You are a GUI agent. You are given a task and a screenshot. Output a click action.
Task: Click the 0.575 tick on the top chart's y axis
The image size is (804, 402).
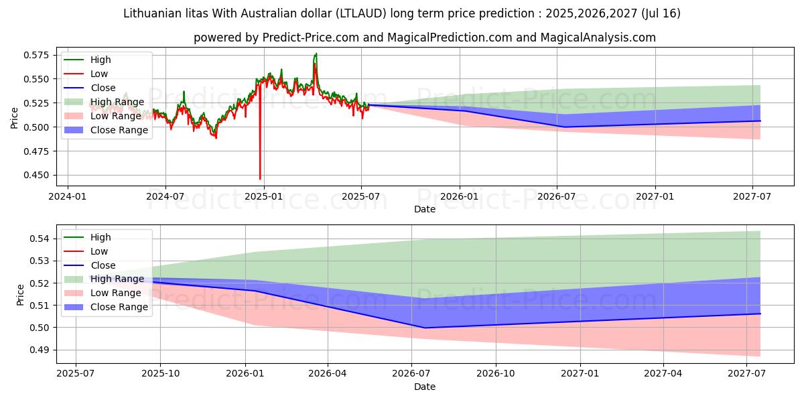click(38, 55)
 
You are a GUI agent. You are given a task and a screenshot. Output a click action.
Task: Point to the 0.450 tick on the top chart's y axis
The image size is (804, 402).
click(38, 175)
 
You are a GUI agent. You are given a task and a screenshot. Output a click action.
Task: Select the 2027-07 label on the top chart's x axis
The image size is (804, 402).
click(753, 196)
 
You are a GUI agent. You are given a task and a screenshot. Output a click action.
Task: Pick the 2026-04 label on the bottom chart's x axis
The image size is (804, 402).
click(328, 374)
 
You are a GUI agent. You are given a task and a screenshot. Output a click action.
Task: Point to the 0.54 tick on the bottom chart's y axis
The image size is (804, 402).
click(41, 239)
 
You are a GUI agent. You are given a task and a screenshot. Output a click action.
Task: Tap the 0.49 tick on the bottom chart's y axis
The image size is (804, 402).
click(41, 350)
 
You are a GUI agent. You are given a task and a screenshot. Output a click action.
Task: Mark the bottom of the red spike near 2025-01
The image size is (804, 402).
click(260, 178)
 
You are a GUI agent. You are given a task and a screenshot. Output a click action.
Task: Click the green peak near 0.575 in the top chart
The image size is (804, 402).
click(316, 54)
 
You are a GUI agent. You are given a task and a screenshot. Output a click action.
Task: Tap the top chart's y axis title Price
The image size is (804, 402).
click(15, 117)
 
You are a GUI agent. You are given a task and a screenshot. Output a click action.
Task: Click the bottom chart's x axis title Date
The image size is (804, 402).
click(424, 387)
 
